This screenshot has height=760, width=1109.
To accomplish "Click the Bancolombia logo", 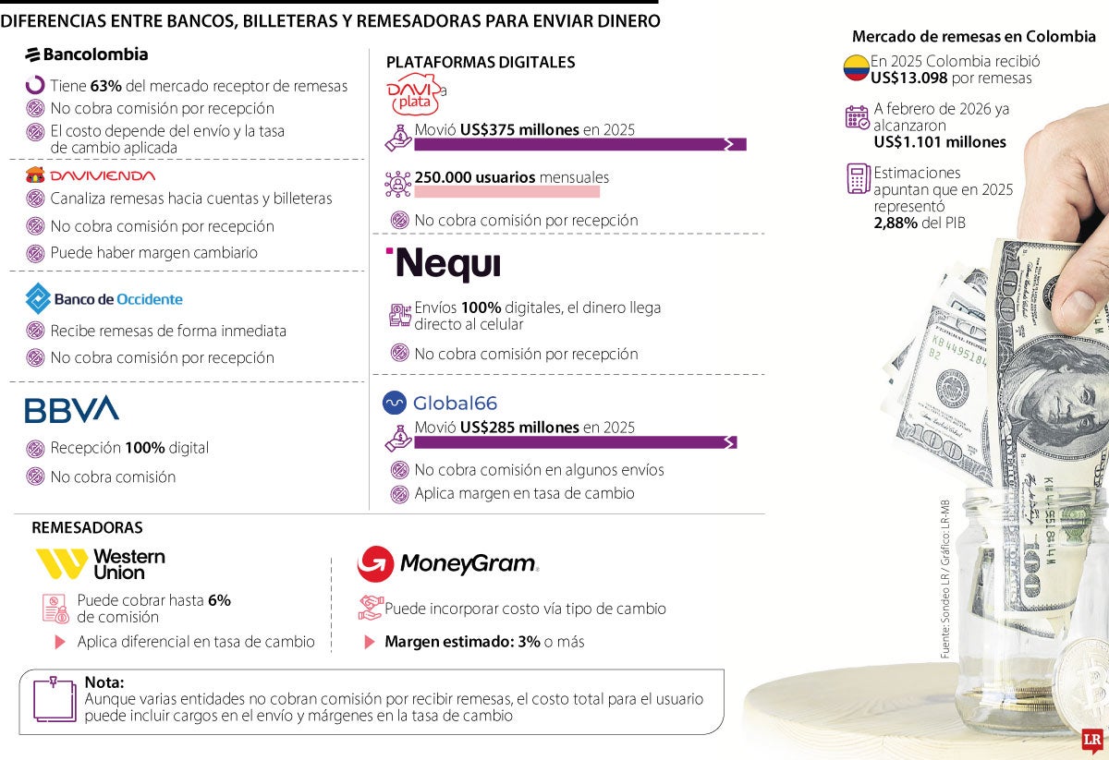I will (x=86, y=54).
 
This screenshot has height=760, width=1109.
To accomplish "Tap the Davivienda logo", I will (x=90, y=175).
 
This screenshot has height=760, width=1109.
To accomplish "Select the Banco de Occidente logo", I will (x=104, y=299).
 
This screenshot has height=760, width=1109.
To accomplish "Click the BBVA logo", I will (x=71, y=409).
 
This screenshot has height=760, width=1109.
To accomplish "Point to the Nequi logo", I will (x=445, y=264).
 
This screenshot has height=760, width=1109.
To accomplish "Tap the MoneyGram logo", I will (x=447, y=563).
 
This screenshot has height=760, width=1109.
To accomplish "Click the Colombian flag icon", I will (x=856, y=67).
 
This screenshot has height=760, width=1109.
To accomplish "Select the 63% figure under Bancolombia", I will (x=105, y=86).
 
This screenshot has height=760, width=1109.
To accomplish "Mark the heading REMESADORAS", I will (x=87, y=527).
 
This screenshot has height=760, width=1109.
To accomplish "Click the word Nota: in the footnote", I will (x=104, y=682).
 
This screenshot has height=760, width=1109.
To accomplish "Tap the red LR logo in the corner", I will (x=1092, y=741).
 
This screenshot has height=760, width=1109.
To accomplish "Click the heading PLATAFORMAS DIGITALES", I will (x=480, y=62).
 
